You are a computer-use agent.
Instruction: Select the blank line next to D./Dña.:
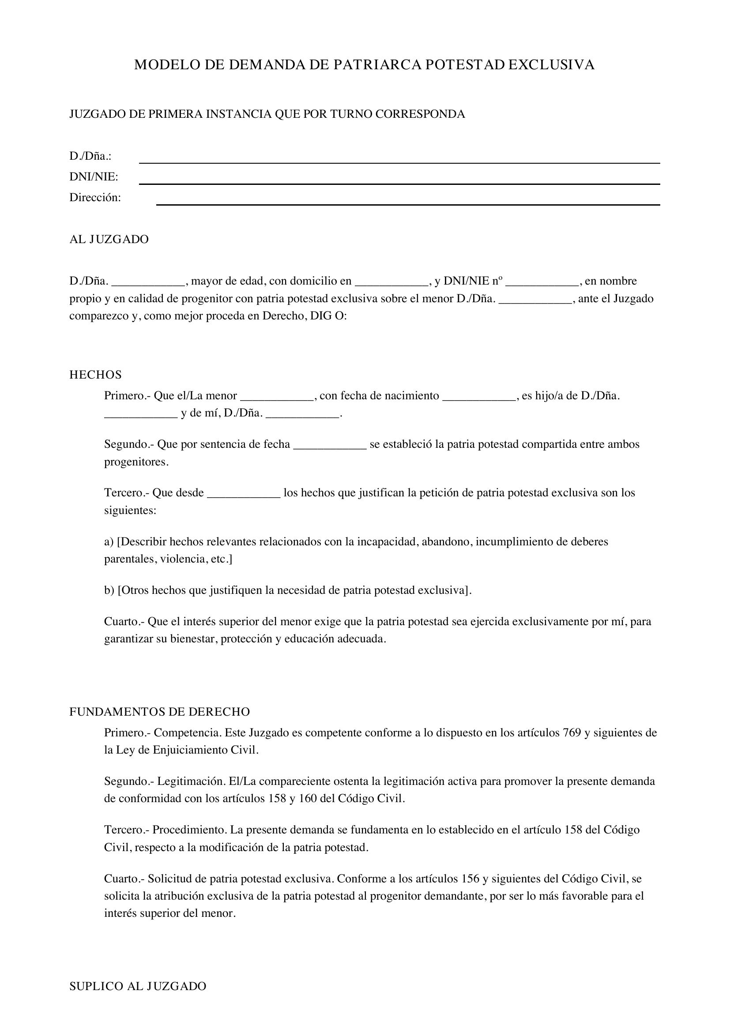pos(399,162)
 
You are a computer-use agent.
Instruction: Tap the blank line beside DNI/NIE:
pos(399,183)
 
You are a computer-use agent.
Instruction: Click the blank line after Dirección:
pos(408,204)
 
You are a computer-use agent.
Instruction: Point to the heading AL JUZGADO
pos(109,240)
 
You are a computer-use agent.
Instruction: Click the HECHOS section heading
pos(95,375)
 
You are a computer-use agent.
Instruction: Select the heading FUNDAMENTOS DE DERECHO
pos(160,712)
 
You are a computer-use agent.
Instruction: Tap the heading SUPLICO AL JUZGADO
pos(138,986)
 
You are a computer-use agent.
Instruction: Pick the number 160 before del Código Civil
pos(306,799)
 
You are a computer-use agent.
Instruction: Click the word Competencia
pos(188,733)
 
